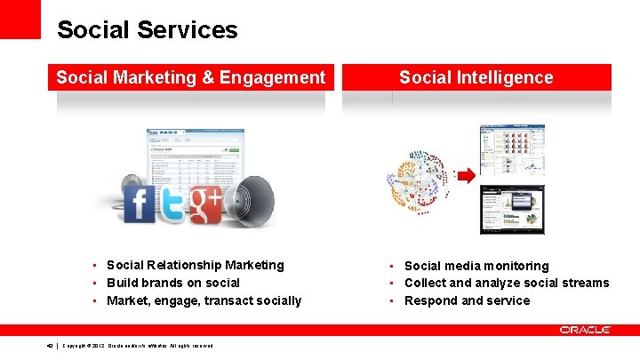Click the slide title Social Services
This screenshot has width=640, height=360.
point(147,30)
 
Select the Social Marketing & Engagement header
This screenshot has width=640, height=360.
point(190,77)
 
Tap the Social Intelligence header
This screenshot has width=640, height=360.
point(476,77)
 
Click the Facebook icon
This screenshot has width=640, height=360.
point(140,204)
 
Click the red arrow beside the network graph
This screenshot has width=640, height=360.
point(466,176)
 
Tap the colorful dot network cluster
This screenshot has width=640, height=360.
point(418,181)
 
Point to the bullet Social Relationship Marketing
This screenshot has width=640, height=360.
point(195,265)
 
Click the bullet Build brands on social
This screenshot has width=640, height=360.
point(172,283)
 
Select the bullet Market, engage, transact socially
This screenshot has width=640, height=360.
point(204,300)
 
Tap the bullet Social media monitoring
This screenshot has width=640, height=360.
point(476,266)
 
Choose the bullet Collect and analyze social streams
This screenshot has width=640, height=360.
point(506,283)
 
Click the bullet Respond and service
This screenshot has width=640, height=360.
point(467,300)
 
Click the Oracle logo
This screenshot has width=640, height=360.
point(584,330)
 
